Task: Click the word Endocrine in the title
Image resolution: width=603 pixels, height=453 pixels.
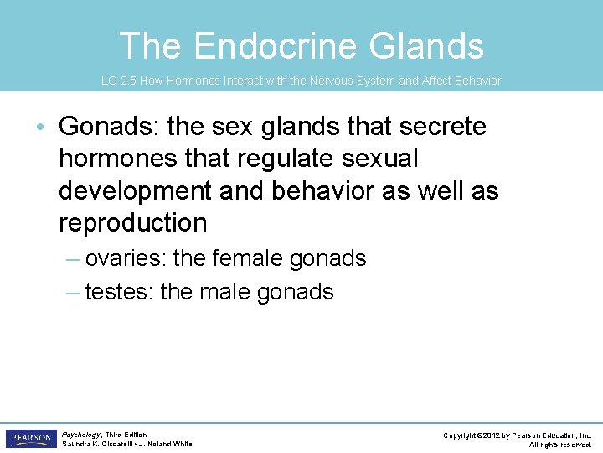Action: pyautogui.click(x=267, y=45)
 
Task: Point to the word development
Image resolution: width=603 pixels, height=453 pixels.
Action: pyautogui.click(x=133, y=190)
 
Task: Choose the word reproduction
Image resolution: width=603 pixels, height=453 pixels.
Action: pyautogui.click(x=133, y=222)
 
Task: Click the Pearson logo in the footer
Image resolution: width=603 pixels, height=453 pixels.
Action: pyautogui.click(x=29, y=439)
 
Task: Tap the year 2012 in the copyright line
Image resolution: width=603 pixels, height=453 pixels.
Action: pyautogui.click(x=491, y=435)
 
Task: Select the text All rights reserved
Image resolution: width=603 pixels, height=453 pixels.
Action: pyautogui.click(x=560, y=445)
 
